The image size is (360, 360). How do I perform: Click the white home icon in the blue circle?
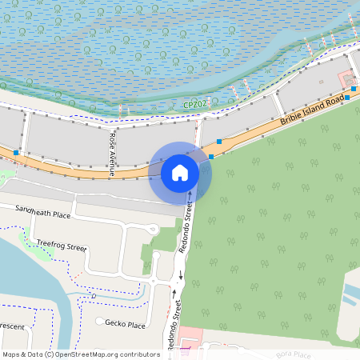(x=180, y=172)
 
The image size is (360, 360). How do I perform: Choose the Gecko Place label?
(x=126, y=325)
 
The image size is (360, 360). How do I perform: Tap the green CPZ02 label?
(x=195, y=105)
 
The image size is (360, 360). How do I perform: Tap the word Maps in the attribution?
(x=12, y=354)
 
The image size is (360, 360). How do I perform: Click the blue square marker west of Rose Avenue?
(x=16, y=150)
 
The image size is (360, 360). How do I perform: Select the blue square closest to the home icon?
(x=212, y=157)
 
